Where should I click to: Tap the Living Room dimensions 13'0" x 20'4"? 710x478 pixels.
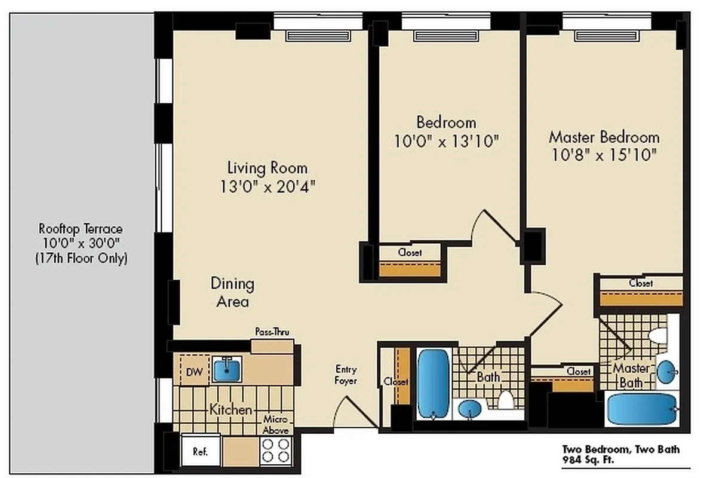267,186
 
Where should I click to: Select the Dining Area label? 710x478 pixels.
232,292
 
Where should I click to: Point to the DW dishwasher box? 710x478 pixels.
194,372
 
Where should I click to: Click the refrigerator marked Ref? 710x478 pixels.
200,452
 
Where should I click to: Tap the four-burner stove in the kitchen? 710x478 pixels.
276,450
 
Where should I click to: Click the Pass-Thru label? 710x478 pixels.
272,332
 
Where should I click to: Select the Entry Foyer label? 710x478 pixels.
346,375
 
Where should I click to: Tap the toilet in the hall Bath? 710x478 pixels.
506,399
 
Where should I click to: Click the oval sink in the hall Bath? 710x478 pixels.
471,410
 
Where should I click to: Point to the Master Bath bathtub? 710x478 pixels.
642,409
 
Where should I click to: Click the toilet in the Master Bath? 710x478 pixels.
659,336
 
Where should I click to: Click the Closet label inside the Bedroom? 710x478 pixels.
410,252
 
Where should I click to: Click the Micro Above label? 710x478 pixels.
276,425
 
